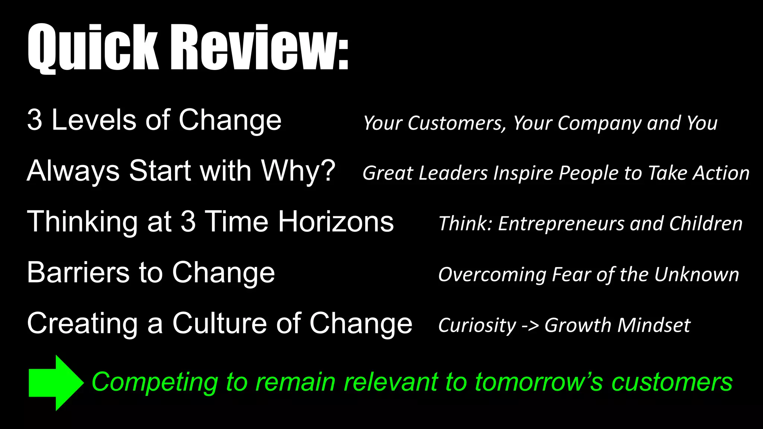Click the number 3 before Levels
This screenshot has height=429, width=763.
[34, 120]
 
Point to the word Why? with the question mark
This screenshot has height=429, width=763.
[298, 171]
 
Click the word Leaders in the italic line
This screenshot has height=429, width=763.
[453, 173]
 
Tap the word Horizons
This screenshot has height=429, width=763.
[336, 222]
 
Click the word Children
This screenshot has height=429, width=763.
[706, 224]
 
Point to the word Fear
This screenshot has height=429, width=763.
[572, 275]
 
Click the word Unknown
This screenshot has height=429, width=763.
[696, 275]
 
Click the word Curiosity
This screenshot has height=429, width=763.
[477, 325]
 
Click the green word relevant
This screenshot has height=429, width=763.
[390, 383]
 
